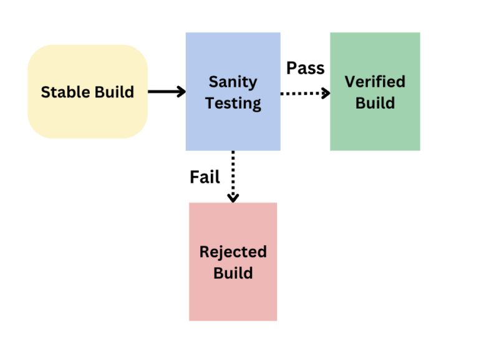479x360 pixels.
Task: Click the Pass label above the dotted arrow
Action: click(x=305, y=68)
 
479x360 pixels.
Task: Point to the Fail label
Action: click(x=205, y=177)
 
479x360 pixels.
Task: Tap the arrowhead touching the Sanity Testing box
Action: click(x=181, y=92)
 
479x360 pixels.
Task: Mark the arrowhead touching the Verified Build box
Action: click(x=326, y=93)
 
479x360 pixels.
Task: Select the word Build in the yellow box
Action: click(x=114, y=92)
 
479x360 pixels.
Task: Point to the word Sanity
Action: click(x=233, y=82)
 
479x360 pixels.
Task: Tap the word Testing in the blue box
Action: click(x=233, y=103)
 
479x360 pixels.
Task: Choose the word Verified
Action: click(x=375, y=82)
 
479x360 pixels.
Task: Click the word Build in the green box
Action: click(x=375, y=102)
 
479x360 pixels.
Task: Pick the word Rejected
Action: click(x=233, y=252)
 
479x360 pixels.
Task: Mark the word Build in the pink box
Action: click(x=233, y=273)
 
